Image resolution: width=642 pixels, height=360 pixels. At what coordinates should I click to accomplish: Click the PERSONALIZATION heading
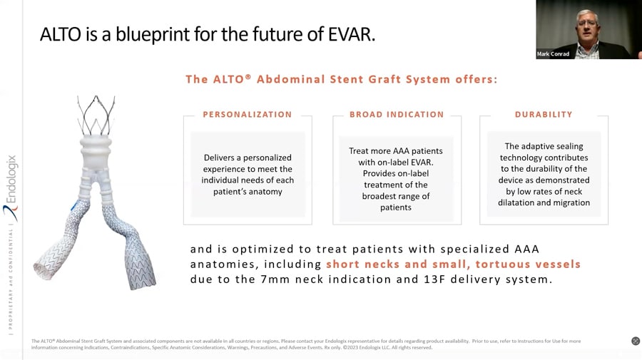[x=248, y=115]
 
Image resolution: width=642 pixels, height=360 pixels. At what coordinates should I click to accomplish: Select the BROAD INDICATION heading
[x=397, y=115]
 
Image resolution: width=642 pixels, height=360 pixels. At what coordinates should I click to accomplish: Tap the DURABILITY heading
[x=544, y=115]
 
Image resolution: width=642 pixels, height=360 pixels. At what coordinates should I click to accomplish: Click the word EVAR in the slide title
[x=351, y=34]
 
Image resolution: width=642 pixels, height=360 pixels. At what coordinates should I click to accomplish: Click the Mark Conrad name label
[x=553, y=54]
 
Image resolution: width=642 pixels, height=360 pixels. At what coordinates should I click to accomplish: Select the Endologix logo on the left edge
[x=11, y=188]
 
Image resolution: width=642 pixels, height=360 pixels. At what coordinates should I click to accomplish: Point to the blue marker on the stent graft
[x=76, y=205]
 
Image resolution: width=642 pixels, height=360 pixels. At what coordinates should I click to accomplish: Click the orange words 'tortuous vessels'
[x=528, y=264]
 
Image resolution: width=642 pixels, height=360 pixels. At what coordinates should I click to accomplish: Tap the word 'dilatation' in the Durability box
[x=516, y=202]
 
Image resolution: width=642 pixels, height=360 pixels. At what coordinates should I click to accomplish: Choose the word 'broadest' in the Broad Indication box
[x=377, y=196]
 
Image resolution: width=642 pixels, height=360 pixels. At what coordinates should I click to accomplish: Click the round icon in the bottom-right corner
[x=636, y=341]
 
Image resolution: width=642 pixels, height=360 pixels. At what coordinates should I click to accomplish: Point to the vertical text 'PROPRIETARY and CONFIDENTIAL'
[x=11, y=279]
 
